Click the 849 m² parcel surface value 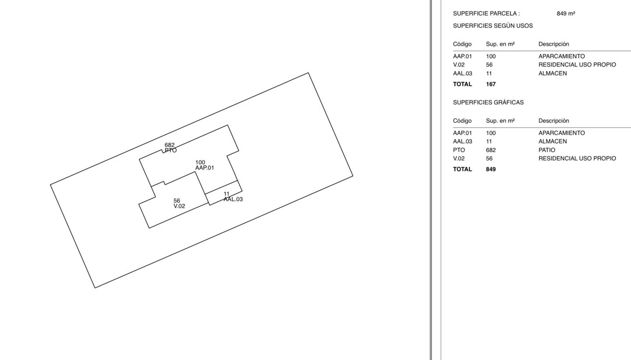pos(566,14)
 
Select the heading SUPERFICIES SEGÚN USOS pos(493,26)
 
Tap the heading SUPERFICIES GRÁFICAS pos(488,103)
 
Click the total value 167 pos(491,84)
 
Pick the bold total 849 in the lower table pos(491,169)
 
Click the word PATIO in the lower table pos(547,150)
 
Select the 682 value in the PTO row pos(491,150)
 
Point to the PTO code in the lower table pos(459,150)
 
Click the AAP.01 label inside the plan pos(205,168)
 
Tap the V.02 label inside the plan pos(179,206)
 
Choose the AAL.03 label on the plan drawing pos(233,200)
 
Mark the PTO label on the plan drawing pos(170,150)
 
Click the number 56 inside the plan pos(177,201)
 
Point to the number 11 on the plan pos(227,194)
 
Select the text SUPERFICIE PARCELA pos(485,14)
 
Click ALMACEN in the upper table pos(553,74)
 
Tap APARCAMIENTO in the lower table pos(562,133)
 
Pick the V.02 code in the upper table pos(459,65)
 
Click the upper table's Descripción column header pos(554,44)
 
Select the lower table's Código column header pos(462,121)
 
